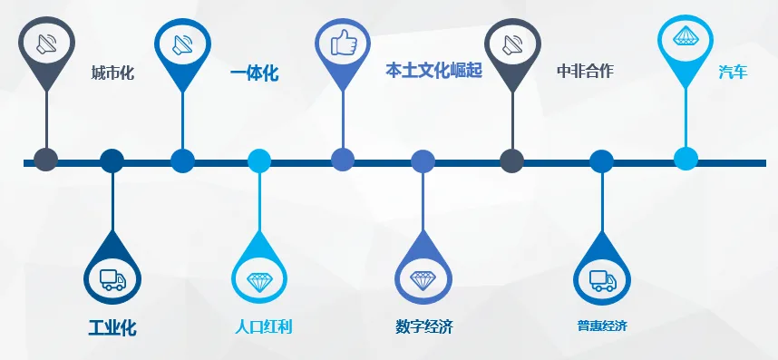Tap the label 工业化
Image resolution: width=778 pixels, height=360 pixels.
click(112, 327)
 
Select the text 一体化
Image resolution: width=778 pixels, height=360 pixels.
click(254, 73)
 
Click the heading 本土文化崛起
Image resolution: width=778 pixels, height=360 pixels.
click(433, 71)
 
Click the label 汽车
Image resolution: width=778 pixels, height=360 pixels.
click(733, 72)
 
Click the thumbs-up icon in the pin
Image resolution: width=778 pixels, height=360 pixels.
click(343, 43)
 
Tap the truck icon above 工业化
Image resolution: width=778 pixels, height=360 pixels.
click(112, 278)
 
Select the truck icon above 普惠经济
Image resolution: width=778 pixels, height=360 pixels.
click(602, 279)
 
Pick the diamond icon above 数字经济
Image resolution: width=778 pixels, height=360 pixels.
click(423, 279)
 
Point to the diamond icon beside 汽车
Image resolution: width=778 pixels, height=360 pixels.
click(686, 39)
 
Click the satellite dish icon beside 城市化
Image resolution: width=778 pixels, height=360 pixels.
click(46, 43)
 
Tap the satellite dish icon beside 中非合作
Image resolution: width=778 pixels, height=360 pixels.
click(512, 43)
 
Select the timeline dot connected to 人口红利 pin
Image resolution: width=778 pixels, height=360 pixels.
click(260, 161)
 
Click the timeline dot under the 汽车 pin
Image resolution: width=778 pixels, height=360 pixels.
click(686, 159)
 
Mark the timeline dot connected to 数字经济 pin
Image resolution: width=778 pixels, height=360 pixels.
click(423, 161)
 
